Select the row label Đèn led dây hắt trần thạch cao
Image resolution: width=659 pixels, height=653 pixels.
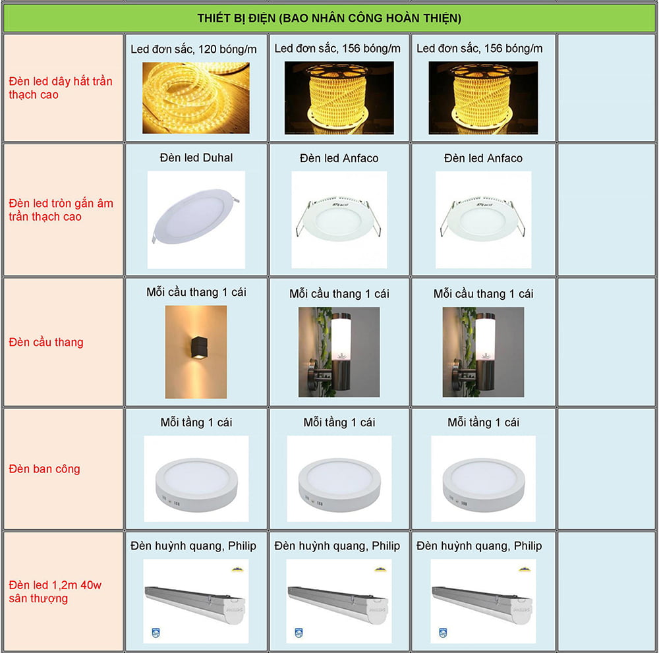61,88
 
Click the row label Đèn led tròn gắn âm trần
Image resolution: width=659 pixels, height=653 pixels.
61,210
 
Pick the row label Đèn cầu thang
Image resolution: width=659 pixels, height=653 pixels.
46,342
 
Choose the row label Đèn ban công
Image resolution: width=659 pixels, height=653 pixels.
45,468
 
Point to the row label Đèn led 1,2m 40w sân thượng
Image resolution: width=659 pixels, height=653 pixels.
55,591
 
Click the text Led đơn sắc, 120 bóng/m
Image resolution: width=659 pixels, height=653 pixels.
193,49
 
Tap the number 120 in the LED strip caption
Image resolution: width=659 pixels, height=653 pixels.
207,49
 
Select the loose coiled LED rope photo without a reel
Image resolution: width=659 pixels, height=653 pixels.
196,98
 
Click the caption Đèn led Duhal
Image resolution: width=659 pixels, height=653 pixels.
196,157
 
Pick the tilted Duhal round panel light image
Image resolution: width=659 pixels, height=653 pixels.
195,215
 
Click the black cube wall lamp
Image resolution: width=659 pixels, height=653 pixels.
199,348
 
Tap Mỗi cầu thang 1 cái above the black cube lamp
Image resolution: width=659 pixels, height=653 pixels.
196,292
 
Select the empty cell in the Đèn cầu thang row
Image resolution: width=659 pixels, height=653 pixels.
606,342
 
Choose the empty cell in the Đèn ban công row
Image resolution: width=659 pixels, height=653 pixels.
606,468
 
